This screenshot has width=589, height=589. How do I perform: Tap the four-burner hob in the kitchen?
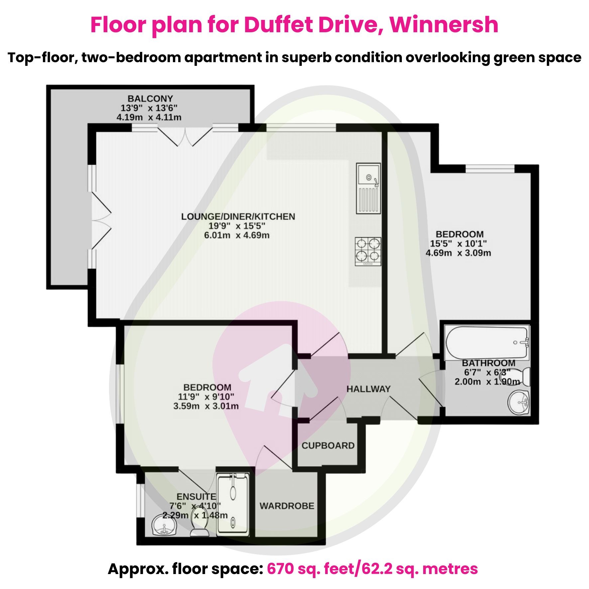(368, 251)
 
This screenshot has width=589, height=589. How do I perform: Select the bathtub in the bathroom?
(487, 342)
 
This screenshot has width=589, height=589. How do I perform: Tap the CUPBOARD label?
(328, 446)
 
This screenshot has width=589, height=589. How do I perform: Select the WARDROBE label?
(287, 506)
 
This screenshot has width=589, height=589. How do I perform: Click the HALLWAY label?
(368, 389)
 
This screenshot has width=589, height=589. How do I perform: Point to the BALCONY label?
(150, 99)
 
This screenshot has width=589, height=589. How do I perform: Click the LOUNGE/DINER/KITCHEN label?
(238, 217)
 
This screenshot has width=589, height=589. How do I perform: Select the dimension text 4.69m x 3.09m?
(458, 253)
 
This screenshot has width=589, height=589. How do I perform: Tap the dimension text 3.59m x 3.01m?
(206, 406)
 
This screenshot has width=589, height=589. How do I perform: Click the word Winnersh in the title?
(444, 25)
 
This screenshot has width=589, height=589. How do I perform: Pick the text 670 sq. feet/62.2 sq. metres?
(372, 569)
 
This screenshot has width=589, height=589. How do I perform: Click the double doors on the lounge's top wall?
(185, 136)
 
